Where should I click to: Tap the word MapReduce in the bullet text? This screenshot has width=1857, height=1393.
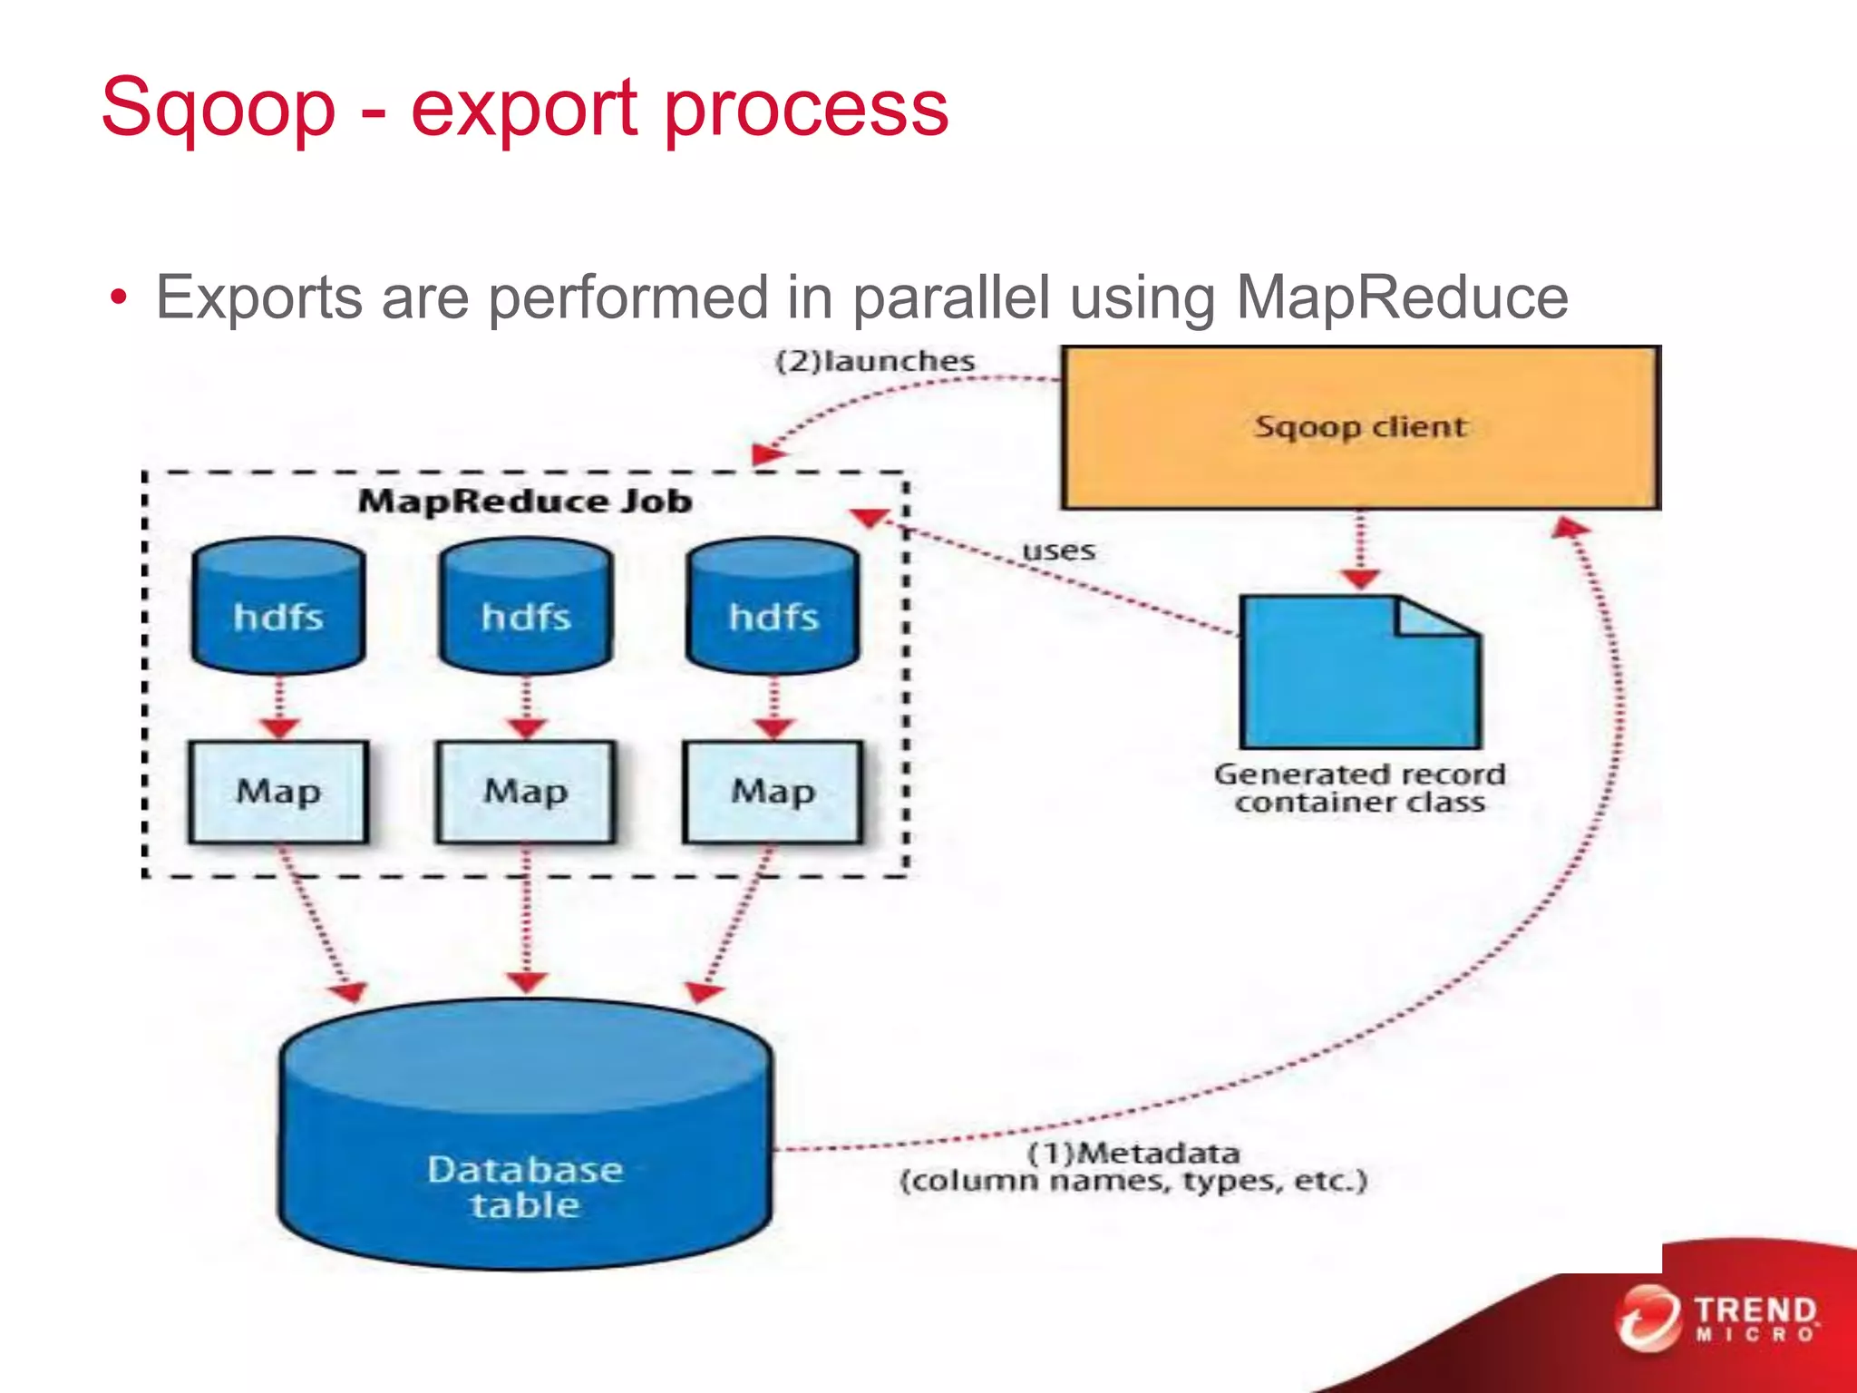coord(1402,297)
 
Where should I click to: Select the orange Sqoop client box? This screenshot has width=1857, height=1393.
coord(1360,426)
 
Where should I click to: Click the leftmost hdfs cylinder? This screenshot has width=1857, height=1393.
coord(278,608)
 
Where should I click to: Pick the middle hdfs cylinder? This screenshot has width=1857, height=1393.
coord(526,608)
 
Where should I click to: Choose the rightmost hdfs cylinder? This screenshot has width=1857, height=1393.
coord(773,608)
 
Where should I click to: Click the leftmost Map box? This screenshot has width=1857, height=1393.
coord(278,792)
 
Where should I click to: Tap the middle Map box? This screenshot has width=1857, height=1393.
coord(526,792)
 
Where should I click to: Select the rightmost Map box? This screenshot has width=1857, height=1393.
coord(773,792)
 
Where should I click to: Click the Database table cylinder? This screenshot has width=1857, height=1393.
coord(526,1143)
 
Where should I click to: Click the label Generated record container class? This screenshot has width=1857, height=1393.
coord(1360,788)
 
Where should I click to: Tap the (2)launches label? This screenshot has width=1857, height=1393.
coord(875,361)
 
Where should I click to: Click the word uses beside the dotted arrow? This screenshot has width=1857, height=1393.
coord(1058,550)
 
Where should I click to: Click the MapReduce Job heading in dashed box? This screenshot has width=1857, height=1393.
coord(525,502)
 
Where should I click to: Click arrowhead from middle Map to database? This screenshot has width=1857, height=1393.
coord(526,982)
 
